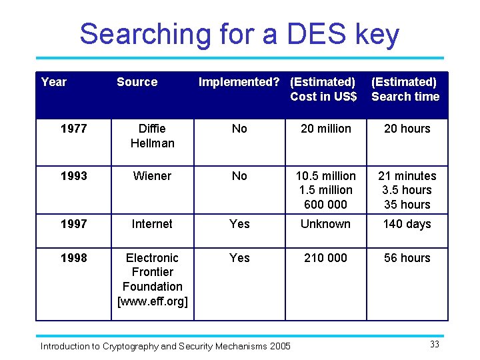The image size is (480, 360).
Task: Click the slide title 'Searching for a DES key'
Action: [239, 34]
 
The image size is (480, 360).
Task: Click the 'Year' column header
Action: [53, 82]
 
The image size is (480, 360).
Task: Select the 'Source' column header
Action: [137, 82]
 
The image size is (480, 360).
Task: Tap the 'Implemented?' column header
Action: [239, 82]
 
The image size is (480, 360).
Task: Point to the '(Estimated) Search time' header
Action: [405, 89]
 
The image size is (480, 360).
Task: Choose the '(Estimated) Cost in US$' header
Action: [323, 89]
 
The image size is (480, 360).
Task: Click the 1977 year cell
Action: [73, 129]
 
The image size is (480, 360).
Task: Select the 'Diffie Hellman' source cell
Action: [152, 136]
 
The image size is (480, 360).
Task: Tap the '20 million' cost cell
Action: [325, 129]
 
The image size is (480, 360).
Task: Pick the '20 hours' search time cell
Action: [407, 129]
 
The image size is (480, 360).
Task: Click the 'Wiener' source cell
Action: [152, 176]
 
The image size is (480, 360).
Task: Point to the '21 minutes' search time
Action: [407, 176]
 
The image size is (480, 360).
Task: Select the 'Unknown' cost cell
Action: [325, 224]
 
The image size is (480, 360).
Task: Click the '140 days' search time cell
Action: [407, 224]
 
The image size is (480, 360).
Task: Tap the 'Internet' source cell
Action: [152, 224]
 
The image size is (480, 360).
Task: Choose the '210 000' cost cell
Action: [325, 258]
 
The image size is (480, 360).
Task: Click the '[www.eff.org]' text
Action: [152, 301]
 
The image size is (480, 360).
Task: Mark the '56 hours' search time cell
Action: [407, 258]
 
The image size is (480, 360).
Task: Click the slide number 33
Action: [434, 345]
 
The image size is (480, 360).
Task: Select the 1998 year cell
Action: [73, 258]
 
